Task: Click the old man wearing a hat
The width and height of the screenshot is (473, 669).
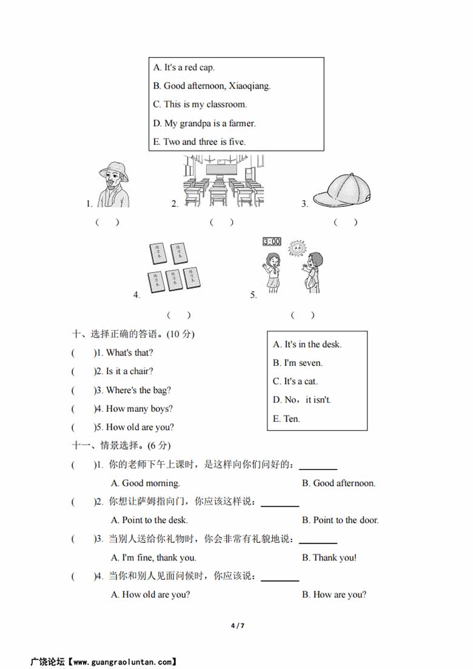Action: point(114,184)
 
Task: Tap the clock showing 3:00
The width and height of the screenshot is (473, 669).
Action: point(272,241)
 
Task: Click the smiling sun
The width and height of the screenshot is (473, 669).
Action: point(297,249)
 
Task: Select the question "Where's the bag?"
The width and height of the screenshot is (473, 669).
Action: point(138,390)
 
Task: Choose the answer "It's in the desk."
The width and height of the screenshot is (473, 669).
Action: point(307,345)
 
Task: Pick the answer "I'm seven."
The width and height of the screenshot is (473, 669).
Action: point(298,363)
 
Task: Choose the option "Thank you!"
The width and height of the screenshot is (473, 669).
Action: point(329,557)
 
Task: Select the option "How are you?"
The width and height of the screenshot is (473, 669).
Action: point(334,594)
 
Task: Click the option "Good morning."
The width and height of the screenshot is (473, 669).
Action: point(146,483)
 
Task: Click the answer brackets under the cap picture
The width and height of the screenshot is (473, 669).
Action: point(346,222)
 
